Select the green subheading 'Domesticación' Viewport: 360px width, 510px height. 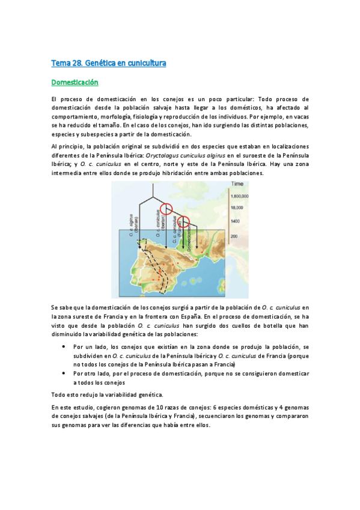click(75, 82)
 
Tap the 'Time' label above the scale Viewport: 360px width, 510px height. click(237, 183)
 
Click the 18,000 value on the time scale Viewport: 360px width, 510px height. click(237, 207)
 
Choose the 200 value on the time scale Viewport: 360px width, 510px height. click(235, 236)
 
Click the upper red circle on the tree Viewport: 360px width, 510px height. click(165, 209)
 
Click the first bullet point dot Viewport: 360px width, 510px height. click(63, 347)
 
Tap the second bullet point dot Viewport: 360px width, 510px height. click(63, 373)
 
